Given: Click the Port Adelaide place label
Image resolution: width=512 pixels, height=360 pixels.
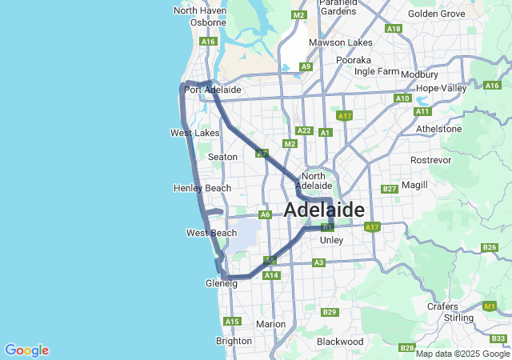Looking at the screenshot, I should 212,90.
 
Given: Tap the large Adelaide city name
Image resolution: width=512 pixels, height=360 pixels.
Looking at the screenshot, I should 325,210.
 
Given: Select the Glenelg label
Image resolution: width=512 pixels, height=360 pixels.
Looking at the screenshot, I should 222,283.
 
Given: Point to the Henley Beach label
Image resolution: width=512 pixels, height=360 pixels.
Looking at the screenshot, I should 202,188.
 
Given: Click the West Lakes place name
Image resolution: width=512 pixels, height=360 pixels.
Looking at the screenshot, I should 195,132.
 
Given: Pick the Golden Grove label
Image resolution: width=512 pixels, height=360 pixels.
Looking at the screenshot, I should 436,14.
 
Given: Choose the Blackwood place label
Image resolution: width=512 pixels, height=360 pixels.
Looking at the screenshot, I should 340,342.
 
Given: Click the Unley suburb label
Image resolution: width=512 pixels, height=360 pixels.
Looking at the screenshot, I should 331,240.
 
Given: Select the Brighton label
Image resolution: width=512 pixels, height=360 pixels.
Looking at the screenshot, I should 234,341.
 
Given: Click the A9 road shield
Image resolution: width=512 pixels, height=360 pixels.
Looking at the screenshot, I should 306,67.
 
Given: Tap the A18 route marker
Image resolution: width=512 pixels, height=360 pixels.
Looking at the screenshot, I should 394,29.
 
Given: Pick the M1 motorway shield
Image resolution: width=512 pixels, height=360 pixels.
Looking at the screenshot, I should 490,306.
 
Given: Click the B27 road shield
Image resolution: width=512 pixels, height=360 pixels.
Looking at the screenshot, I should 390,189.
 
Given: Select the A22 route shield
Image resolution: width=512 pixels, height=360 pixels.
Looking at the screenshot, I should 303,130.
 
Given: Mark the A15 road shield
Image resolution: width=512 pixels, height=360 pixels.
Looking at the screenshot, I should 232,322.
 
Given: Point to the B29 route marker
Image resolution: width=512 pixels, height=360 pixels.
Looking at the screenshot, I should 329,312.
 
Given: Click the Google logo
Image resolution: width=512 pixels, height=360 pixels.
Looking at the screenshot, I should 26,350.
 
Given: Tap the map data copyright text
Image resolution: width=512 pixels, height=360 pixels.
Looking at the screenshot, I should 462,354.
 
